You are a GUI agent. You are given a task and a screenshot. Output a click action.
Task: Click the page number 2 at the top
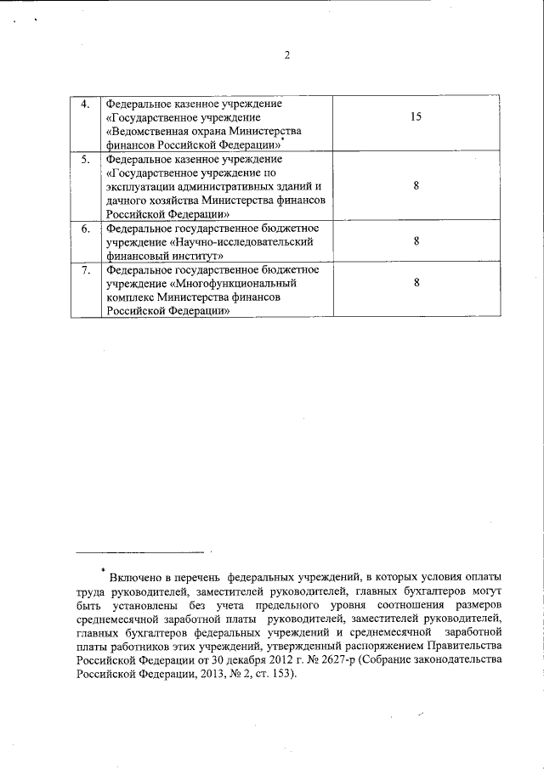coord(286,56)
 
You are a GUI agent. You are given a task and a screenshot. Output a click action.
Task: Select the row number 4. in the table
coord(85,105)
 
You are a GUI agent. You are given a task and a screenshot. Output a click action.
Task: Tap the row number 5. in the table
coord(85,159)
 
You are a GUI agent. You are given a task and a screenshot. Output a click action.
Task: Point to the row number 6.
coord(85,229)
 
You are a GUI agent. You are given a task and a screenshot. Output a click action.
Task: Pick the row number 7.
coord(85,270)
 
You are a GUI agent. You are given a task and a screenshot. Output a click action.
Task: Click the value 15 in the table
coord(416,116)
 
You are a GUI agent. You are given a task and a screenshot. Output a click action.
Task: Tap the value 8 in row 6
coord(416,241)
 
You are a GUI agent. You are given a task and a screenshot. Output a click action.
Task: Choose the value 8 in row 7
coord(416,284)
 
